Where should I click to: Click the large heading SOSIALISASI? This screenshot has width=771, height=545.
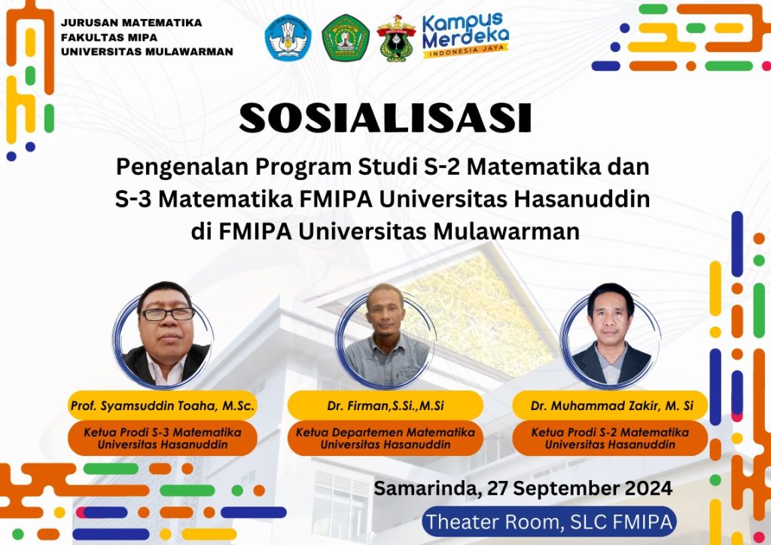[385, 118]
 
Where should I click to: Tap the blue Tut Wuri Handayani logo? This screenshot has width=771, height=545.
[288, 38]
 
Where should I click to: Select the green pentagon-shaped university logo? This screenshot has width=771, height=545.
[346, 38]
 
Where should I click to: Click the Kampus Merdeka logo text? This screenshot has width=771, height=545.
[465, 34]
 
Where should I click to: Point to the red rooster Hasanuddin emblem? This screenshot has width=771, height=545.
[396, 38]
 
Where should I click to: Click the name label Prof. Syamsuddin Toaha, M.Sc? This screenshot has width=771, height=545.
[163, 406]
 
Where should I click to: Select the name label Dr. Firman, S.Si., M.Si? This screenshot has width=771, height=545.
[385, 406]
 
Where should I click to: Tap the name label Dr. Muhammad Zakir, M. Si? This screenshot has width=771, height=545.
[610, 406]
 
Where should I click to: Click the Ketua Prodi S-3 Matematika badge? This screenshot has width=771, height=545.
[163, 438]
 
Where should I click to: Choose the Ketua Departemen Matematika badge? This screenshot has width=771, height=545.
[385, 438]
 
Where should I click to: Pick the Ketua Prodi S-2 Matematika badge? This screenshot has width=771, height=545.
[610, 438]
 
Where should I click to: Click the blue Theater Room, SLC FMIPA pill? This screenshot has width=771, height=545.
[549, 522]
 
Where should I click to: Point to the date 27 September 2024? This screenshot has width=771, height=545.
[580, 488]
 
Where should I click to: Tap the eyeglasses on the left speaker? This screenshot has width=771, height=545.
[168, 314]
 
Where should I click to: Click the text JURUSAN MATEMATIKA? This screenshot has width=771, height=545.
[131, 23]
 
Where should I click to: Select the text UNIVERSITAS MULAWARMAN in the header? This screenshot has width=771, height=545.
[147, 52]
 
